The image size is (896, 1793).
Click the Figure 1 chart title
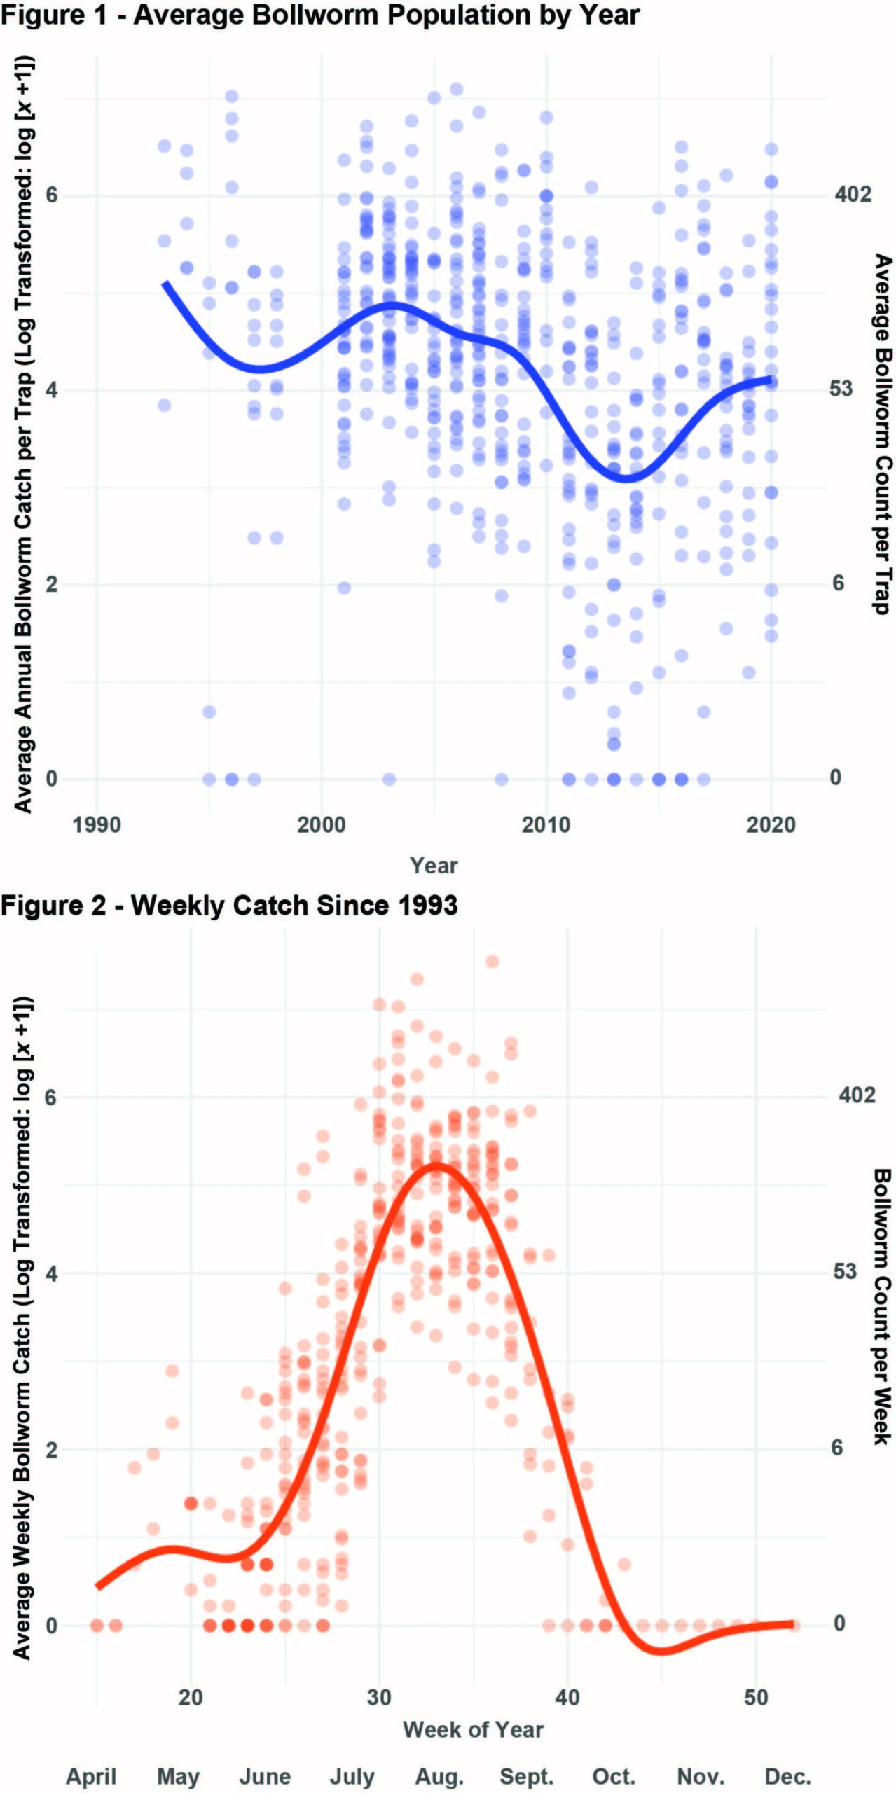click(319, 14)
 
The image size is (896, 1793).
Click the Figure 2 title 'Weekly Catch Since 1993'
click(229, 906)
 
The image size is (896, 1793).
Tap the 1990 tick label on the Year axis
click(97, 824)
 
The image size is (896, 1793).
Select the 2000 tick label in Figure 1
click(322, 824)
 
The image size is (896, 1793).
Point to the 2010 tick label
click(546, 824)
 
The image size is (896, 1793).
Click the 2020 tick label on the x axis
click(771, 824)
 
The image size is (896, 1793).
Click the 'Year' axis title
click(434, 866)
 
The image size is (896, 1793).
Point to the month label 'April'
click(91, 1777)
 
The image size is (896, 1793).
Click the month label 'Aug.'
click(439, 1777)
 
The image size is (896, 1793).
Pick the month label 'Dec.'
click(787, 1777)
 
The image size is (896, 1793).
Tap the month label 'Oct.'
click(614, 1777)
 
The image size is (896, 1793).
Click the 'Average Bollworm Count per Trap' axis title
click(883, 434)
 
